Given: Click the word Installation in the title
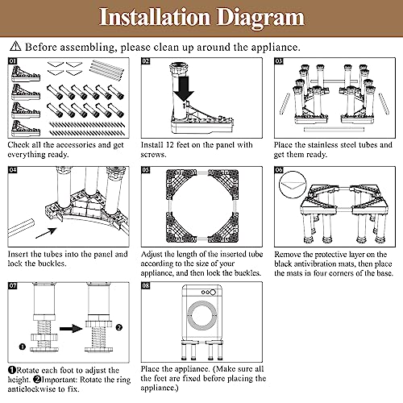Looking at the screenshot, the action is point(155,17).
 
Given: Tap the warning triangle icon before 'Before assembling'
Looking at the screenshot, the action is point(15,46).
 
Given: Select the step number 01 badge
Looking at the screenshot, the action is point(12,61).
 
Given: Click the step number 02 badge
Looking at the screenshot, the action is point(146,61).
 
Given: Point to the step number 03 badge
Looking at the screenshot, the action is point(279,61).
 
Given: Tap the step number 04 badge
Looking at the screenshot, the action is point(12,170).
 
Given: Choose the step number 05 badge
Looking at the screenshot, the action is point(146,170).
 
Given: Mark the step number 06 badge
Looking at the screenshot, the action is point(279,170).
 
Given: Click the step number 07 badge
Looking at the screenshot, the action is point(12,285).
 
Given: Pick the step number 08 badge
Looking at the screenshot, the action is point(146,285).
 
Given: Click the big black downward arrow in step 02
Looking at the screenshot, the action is point(184,89).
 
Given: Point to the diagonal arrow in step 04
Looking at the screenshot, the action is point(46,233).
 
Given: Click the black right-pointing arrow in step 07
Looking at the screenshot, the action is point(71,329).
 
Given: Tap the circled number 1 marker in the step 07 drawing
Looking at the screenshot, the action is point(23,347).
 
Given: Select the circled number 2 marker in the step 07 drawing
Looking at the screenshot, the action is point(119,327).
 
